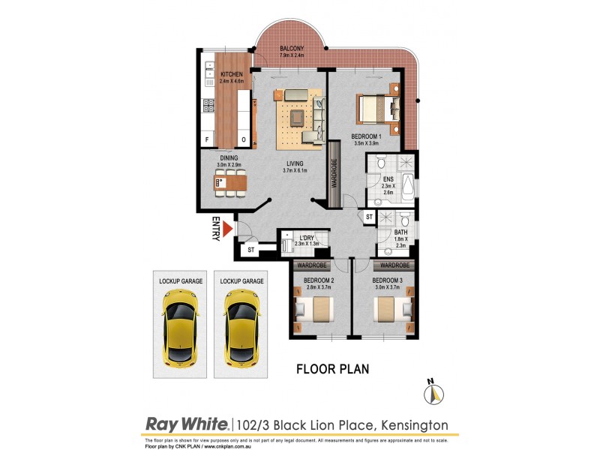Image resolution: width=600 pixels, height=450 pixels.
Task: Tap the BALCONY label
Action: pyautogui.click(x=292, y=49)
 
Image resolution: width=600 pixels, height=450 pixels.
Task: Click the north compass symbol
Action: pyautogui.click(x=433, y=393)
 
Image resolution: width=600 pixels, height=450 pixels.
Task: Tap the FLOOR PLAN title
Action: pyautogui.click(x=332, y=369)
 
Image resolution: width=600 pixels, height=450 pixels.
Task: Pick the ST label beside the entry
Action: pyautogui.click(x=251, y=250)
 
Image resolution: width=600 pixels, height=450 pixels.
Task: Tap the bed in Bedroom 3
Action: pyautogui.click(x=391, y=308)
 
